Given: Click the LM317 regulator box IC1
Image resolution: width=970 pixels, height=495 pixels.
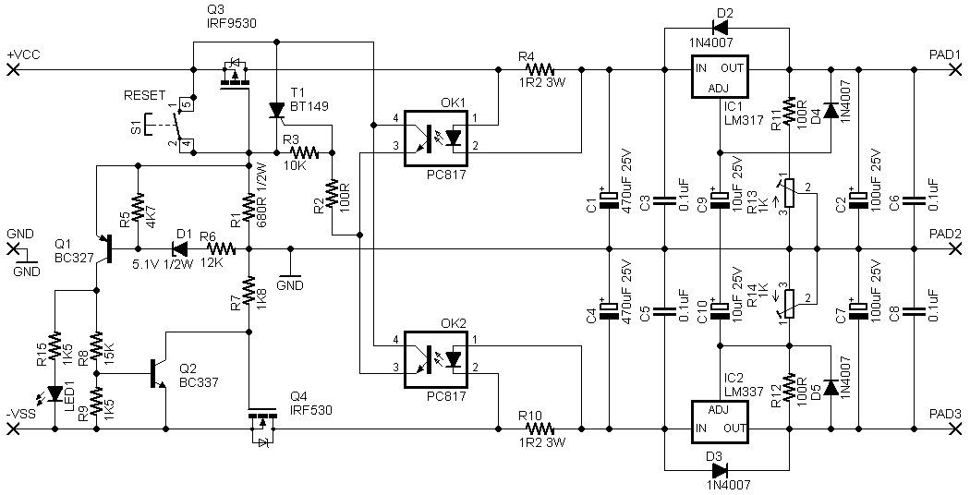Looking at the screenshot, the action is click(x=720, y=76).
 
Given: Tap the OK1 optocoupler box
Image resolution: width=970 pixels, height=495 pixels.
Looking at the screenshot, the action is click(x=435, y=139).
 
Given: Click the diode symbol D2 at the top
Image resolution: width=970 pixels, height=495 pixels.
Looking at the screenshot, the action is click(x=720, y=27).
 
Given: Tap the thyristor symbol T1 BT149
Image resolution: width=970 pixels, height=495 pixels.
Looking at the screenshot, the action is click(x=276, y=110).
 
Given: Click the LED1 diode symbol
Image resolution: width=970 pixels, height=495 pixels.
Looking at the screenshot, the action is click(x=55, y=392).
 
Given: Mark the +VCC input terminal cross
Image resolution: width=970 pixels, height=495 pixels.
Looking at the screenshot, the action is click(x=12, y=69).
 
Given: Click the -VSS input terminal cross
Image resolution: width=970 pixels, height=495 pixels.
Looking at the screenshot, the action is click(x=12, y=428).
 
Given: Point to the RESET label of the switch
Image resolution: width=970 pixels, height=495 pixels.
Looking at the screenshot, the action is click(x=145, y=95).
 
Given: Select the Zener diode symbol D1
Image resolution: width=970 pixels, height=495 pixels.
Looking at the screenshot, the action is click(x=180, y=249).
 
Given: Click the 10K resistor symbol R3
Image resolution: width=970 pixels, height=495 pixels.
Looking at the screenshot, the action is click(x=304, y=151).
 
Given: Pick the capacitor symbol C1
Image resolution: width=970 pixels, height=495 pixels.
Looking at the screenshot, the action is click(x=610, y=201).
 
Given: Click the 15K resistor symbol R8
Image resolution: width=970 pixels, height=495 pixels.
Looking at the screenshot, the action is click(x=96, y=346).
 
